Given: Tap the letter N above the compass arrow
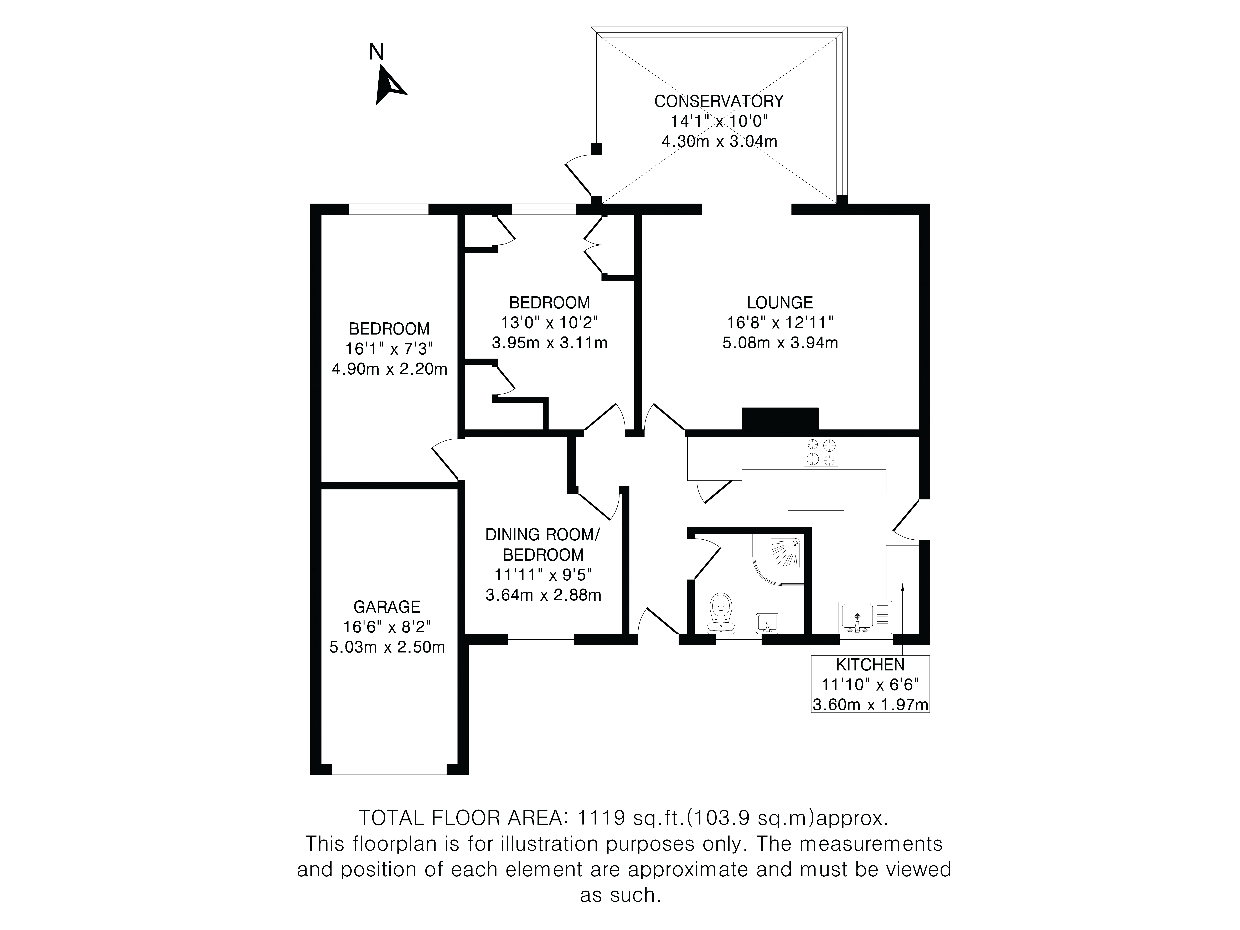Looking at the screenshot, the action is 376,52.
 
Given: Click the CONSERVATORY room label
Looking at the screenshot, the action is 719,101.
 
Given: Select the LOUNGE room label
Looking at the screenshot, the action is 779,303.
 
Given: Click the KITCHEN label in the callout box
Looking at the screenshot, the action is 870,665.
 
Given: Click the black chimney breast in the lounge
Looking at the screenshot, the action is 780,419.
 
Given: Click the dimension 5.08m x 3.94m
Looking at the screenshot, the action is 780,343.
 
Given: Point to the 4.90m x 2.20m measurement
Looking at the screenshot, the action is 390,369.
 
